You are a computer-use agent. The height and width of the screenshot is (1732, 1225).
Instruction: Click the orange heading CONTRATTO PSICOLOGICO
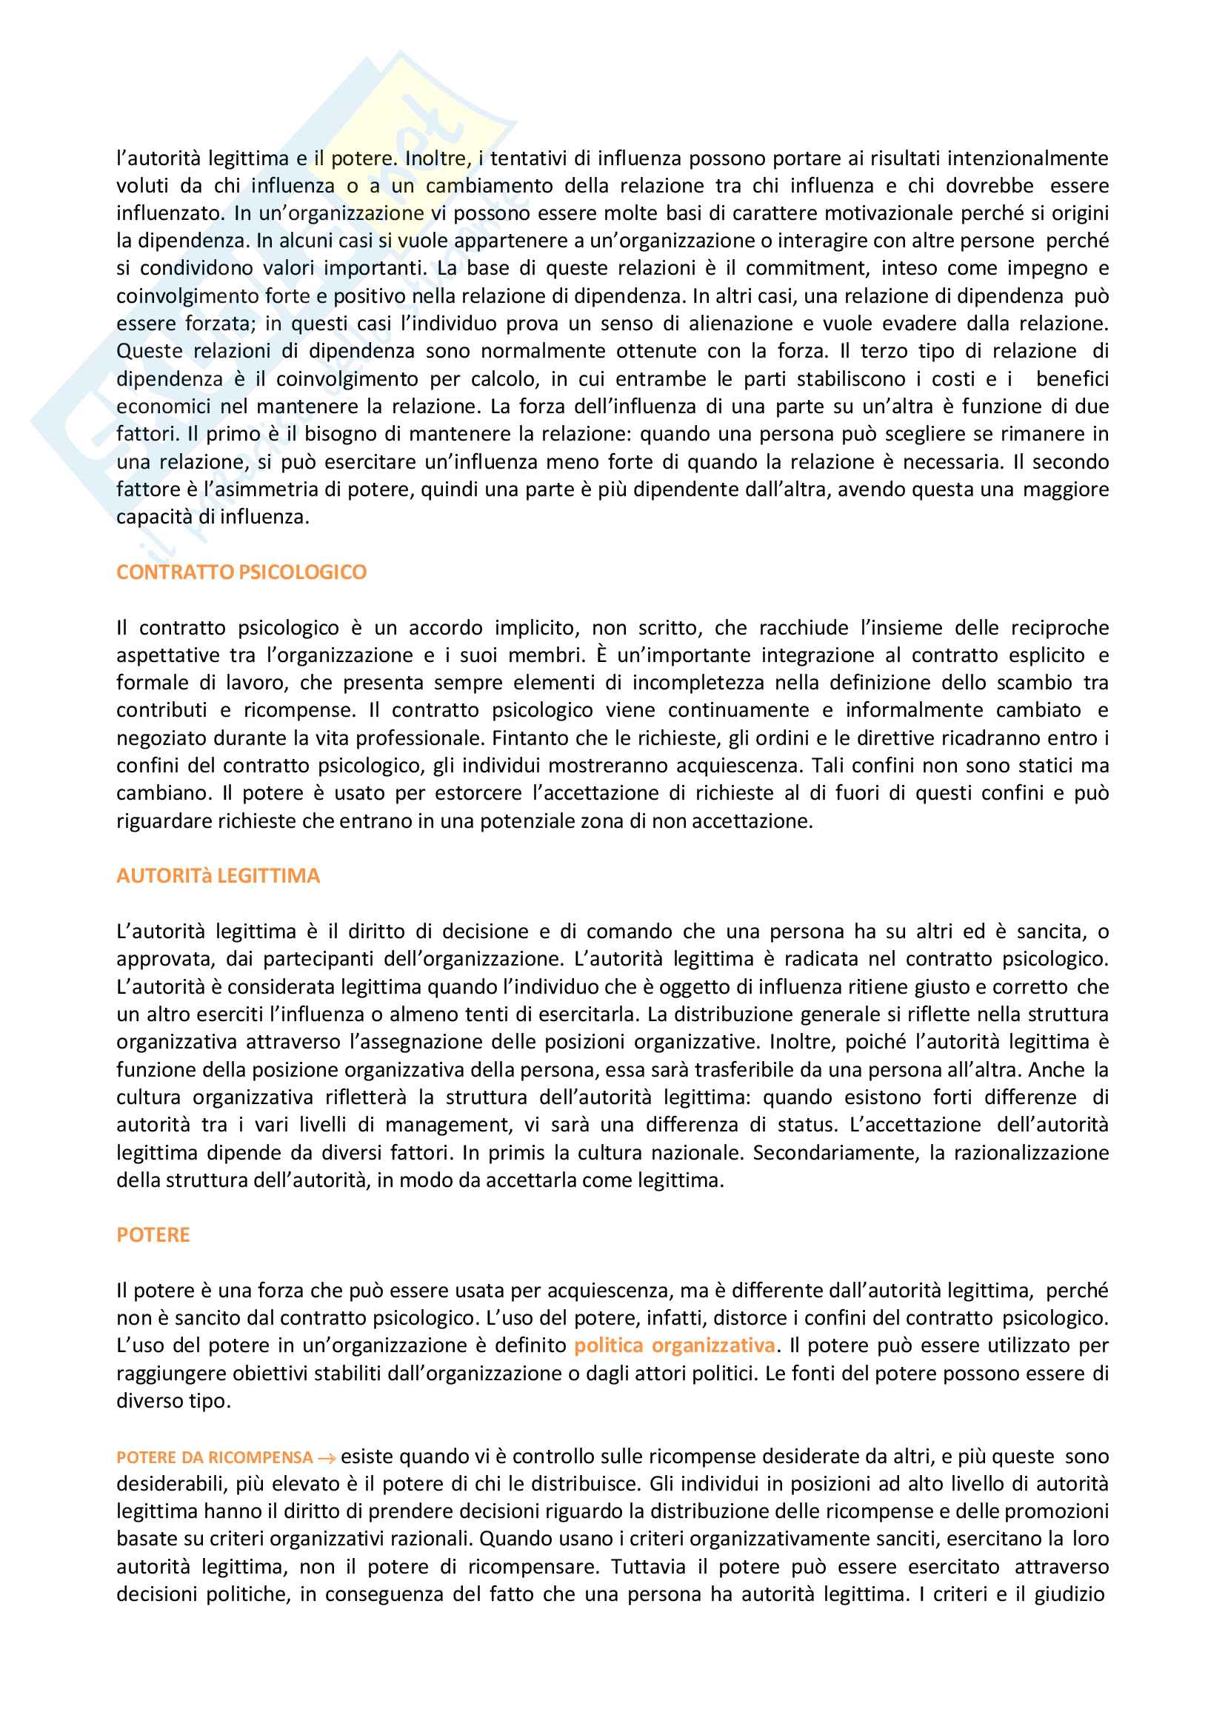coord(241,572)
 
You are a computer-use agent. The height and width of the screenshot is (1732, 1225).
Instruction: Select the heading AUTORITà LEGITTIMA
coord(218,875)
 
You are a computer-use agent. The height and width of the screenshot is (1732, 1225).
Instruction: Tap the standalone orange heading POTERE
coord(153,1234)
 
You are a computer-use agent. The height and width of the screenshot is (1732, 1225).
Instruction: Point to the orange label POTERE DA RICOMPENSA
coord(214,1457)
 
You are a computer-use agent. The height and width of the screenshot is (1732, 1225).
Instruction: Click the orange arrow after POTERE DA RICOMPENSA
coord(327,1458)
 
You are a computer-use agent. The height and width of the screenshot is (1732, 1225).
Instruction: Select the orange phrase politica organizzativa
coord(675,1345)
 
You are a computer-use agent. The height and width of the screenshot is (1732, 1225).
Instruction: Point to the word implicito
coord(537,628)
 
